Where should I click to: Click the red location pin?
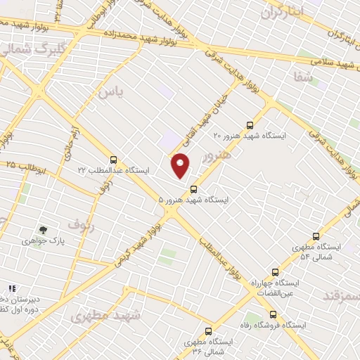tap(181, 165)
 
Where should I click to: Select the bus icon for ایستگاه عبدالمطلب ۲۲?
tap(113, 160)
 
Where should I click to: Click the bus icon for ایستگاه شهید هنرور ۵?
tap(193, 188)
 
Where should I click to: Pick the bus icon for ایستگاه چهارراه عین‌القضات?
tap(275, 272)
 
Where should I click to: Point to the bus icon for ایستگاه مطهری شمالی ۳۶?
tap(208, 331)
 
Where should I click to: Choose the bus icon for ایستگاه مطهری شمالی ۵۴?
tap(316, 237)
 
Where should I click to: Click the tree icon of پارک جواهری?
tap(44, 229)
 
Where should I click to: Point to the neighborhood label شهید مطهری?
tap(105, 316)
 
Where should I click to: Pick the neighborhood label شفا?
tap(304, 77)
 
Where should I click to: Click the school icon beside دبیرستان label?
tap(11, 289)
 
